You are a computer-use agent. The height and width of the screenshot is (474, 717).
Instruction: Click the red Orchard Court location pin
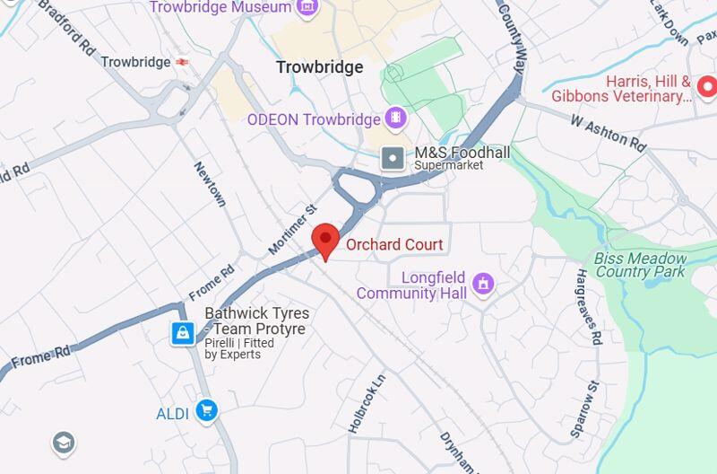[325, 241]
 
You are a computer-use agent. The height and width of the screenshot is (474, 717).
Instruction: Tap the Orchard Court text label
[394, 244]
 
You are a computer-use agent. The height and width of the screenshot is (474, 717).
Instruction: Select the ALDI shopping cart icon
[207, 411]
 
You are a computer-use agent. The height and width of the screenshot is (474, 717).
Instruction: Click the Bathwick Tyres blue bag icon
[183, 334]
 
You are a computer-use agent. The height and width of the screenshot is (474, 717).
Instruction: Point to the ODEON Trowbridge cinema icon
[395, 118]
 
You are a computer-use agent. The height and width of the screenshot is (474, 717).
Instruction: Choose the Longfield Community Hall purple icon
[484, 285]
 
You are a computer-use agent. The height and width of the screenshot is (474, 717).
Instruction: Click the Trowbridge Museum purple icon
[307, 7]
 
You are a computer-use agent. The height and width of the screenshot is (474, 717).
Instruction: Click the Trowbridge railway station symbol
[183, 62]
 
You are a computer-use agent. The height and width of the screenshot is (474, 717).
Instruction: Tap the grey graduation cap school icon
[63, 443]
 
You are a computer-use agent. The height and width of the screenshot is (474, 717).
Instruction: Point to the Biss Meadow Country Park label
[640, 265]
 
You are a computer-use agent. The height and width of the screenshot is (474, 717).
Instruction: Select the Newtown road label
[209, 184]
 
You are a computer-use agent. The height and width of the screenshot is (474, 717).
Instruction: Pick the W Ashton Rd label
[609, 131]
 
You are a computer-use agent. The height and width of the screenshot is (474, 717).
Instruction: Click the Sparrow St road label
[584, 409]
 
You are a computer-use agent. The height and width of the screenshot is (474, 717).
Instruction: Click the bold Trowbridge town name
[319, 67]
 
